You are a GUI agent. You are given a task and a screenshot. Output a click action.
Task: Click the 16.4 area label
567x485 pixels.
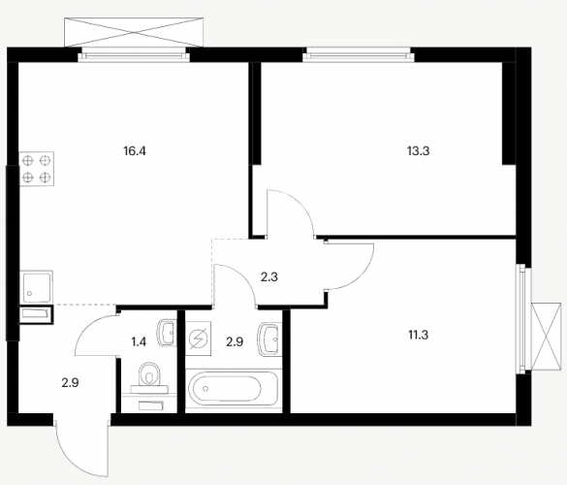tap(135, 151)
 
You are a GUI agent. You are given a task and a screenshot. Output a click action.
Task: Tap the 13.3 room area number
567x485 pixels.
tap(418, 151)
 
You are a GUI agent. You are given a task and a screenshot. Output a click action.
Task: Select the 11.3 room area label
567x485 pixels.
tap(419, 336)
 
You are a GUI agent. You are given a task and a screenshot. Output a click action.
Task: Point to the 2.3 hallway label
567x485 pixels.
tap(269, 277)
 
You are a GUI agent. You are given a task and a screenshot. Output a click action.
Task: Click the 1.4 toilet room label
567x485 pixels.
tap(139, 341)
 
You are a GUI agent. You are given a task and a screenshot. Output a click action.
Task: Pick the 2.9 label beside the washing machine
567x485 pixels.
tap(235, 341)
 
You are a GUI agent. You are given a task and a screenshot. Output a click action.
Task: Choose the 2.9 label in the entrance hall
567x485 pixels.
tap(70, 382)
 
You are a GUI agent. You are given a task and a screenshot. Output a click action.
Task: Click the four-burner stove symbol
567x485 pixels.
tap(37, 169)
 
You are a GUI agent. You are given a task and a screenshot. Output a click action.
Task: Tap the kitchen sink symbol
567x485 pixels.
tap(36, 287)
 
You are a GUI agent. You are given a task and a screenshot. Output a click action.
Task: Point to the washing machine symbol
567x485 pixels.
tap(198, 339)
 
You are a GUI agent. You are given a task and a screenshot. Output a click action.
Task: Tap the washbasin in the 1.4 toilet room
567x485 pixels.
tap(167, 333)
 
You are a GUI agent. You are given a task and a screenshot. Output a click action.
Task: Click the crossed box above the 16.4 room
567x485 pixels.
tap(134, 32)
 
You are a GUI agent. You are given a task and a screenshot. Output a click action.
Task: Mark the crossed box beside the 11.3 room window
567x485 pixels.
tap(547, 337)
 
